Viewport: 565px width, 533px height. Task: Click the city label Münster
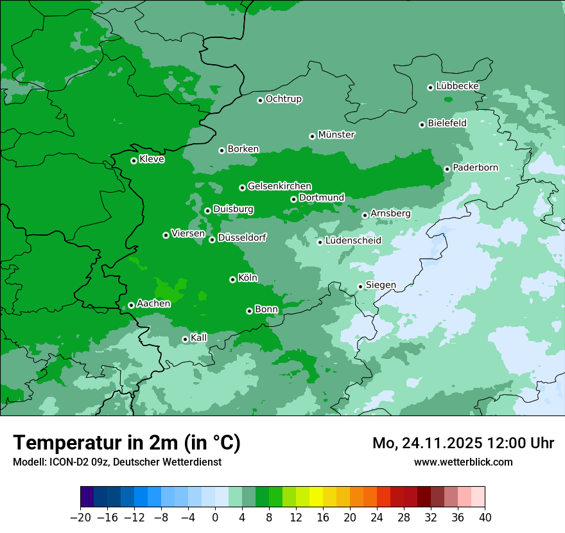pyautogui.click(x=336, y=135)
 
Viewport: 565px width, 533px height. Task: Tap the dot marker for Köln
pyautogui.click(x=232, y=279)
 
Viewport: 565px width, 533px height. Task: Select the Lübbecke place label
pyautogui.click(x=457, y=86)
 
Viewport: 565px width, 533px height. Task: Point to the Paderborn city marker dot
pyautogui.click(x=447, y=169)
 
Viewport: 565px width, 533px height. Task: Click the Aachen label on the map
pyautogui.click(x=153, y=304)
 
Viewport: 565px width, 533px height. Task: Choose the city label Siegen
pyautogui.click(x=381, y=285)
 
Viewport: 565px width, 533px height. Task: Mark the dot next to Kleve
pyautogui.click(x=134, y=161)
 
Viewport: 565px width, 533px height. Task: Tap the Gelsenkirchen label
pyautogui.click(x=279, y=186)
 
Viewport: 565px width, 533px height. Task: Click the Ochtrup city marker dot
pyautogui.click(x=260, y=100)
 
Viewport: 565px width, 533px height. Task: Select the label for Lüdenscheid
pyautogui.click(x=353, y=241)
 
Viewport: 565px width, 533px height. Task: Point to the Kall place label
pyautogui.click(x=199, y=338)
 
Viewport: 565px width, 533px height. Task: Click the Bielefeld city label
pyautogui.click(x=447, y=123)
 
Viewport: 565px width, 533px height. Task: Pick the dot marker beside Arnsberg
pyautogui.click(x=365, y=215)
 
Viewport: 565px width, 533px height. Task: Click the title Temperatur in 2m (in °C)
pyautogui.click(x=126, y=442)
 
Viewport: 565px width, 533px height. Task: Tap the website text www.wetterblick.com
pyautogui.click(x=463, y=462)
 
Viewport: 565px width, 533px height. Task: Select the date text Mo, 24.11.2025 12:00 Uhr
pyautogui.click(x=463, y=443)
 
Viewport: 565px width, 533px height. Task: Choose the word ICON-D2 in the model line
pyautogui.click(x=65, y=462)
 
